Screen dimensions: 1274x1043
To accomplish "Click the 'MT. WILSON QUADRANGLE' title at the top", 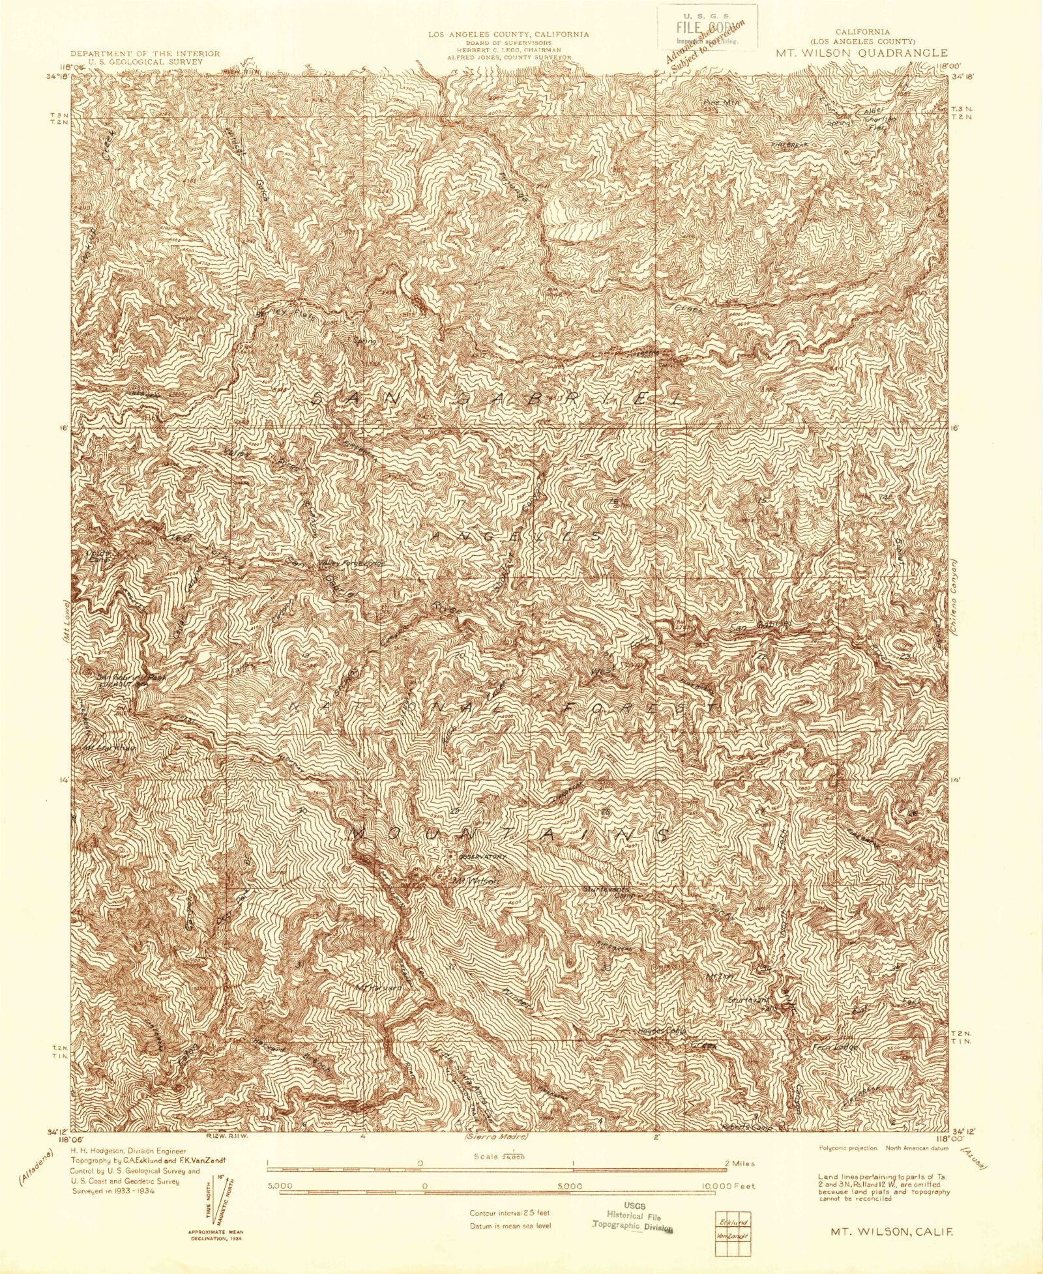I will [x=862, y=53].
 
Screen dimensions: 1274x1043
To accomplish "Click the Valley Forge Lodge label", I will [x=350, y=564].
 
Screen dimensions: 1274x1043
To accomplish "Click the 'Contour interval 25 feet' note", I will [x=510, y=1213].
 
